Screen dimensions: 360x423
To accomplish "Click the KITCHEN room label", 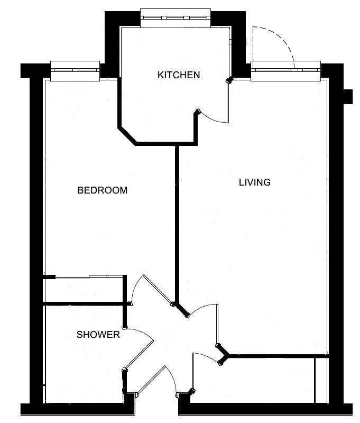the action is pyautogui.click(x=179, y=75).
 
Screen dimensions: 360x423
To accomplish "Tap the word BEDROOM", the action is pyautogui.click(x=102, y=190).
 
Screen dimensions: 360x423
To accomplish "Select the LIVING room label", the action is pyautogui.click(x=255, y=182).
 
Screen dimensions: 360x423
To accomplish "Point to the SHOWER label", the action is pyautogui.click(x=98, y=335).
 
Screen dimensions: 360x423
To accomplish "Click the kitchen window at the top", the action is pyautogui.click(x=176, y=18).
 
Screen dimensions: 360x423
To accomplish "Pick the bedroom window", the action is pyautogui.click(x=75, y=71).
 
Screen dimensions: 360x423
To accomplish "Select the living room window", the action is pyautogui.click(x=286, y=71).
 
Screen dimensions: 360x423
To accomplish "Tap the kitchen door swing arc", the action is pyautogui.click(x=213, y=119).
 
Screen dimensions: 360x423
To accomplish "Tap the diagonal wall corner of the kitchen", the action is pyautogui.click(x=127, y=136).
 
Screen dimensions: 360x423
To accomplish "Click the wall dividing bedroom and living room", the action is pyautogui.click(x=177, y=224).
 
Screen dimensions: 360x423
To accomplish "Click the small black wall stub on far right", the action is pyautogui.click(x=348, y=97).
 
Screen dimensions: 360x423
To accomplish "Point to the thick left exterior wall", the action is pyautogui.click(x=36, y=240).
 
